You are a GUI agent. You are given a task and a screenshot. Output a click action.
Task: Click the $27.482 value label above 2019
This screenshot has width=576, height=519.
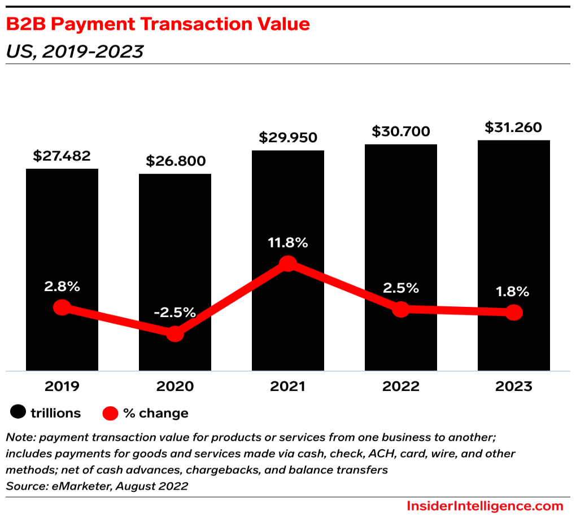coord(62,156)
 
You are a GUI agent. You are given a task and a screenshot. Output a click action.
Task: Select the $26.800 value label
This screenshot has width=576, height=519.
coord(174,161)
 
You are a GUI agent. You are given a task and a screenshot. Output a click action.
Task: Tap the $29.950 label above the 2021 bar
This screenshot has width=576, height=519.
coord(288,138)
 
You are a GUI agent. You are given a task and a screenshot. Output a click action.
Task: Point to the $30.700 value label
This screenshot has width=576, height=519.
coord(401,131)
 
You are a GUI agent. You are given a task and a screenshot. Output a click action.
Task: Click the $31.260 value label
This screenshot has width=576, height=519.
coord(513,127)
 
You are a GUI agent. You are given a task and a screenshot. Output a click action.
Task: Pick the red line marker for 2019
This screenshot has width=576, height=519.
coord(62,307)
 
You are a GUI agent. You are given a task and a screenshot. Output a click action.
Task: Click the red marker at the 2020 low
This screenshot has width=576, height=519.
coord(175,333)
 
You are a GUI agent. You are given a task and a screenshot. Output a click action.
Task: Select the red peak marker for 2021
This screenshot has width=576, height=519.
coord(288,263)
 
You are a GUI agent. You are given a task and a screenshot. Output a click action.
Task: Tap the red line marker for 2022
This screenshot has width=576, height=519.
coord(401,309)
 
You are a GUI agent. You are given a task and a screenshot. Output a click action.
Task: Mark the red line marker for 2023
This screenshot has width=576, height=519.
coord(514,312)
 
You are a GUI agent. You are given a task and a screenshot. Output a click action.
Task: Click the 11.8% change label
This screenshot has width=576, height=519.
coord(288,243)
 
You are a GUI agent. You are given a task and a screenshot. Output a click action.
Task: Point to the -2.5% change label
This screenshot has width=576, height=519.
coord(174,312)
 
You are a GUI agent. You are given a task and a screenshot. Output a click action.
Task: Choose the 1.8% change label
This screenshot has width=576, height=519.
coord(513,292)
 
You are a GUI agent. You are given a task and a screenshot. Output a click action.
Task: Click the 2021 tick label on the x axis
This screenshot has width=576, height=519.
coord(288,386)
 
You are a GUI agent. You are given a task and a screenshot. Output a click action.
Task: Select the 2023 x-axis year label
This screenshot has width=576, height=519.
coord(513,386)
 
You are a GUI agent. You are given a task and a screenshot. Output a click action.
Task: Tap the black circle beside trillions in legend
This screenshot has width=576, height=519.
coord(19,413)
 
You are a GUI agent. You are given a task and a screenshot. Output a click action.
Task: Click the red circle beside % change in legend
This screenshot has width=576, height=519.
coord(111,413)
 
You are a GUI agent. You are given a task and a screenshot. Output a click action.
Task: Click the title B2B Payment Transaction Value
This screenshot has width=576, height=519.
coord(158,25)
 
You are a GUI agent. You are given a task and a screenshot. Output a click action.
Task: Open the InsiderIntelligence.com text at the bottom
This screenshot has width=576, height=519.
coord(485,505)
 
